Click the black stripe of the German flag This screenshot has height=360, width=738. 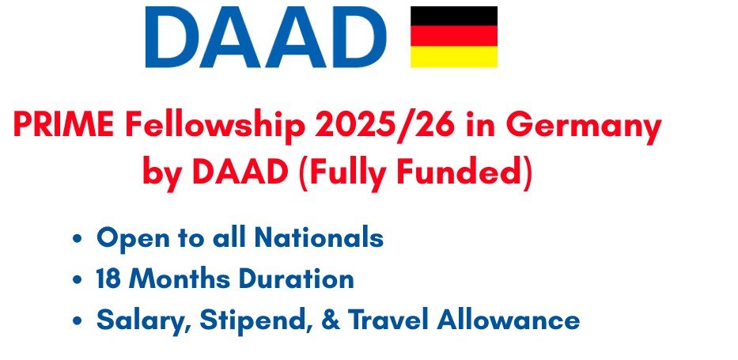click(454, 16)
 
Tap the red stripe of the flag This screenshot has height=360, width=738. click(454, 36)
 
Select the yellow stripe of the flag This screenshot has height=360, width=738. click(454, 56)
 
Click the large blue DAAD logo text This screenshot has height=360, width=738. click(266, 37)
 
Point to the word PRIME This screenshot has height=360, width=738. click(63, 126)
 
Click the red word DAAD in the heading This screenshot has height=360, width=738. click(240, 172)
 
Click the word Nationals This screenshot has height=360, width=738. click(319, 237)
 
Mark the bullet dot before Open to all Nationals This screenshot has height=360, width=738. click(78, 239)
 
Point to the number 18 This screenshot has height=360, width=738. click(107, 279)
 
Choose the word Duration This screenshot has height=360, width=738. click(296, 279)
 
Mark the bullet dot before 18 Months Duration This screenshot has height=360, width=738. click(78, 280)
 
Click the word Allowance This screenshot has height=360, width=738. click(509, 320)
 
